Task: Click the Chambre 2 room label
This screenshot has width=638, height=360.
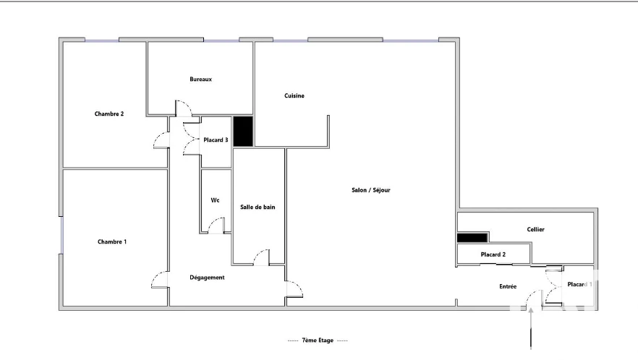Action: (109, 114)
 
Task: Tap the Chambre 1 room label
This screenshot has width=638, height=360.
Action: (112, 241)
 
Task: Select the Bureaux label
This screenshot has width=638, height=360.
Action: (200, 80)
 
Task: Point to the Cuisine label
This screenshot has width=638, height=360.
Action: (294, 95)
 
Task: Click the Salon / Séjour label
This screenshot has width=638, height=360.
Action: (370, 190)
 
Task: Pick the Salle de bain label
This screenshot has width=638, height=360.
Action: (258, 207)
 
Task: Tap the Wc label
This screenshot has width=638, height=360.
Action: (215, 200)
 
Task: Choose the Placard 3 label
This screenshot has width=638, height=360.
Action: (216, 140)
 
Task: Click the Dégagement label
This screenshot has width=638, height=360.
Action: (207, 278)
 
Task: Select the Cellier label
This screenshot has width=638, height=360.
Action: (535, 229)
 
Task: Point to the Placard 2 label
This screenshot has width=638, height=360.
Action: (493, 254)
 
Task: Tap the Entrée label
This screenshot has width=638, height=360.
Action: (508, 286)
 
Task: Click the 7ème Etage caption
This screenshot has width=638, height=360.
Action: (318, 340)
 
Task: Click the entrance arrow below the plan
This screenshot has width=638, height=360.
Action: (531, 329)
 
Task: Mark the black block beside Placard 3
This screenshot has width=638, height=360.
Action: (243, 132)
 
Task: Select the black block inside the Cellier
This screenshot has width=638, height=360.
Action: (472, 238)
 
